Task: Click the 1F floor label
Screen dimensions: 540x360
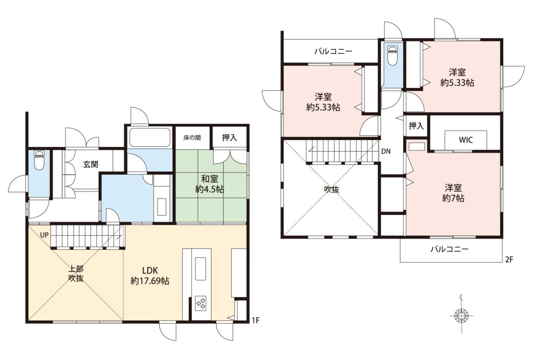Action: click(x=256, y=320)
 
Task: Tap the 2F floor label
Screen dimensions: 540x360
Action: click(x=509, y=260)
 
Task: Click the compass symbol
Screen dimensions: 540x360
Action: click(x=462, y=315)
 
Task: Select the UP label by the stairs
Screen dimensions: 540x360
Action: click(x=44, y=235)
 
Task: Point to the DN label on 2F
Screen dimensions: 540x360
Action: click(x=386, y=152)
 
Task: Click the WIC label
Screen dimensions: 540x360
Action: click(x=466, y=140)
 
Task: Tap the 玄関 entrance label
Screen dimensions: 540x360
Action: click(x=91, y=165)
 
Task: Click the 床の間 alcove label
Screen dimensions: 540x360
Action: click(x=192, y=138)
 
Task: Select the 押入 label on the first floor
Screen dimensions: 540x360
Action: click(x=229, y=138)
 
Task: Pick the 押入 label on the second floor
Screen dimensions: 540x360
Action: click(x=416, y=126)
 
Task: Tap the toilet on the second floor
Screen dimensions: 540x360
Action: click(x=392, y=55)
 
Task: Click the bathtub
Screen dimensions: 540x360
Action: click(x=150, y=137)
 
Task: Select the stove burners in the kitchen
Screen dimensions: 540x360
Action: click(x=201, y=303)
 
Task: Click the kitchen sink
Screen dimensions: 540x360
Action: click(x=200, y=269)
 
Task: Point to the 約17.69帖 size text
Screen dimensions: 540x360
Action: click(x=150, y=281)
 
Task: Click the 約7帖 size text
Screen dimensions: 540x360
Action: click(x=453, y=198)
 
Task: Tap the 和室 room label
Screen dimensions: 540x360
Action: click(x=210, y=179)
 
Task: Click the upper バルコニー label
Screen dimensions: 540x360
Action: click(x=333, y=51)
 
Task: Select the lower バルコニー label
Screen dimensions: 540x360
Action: click(x=450, y=249)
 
